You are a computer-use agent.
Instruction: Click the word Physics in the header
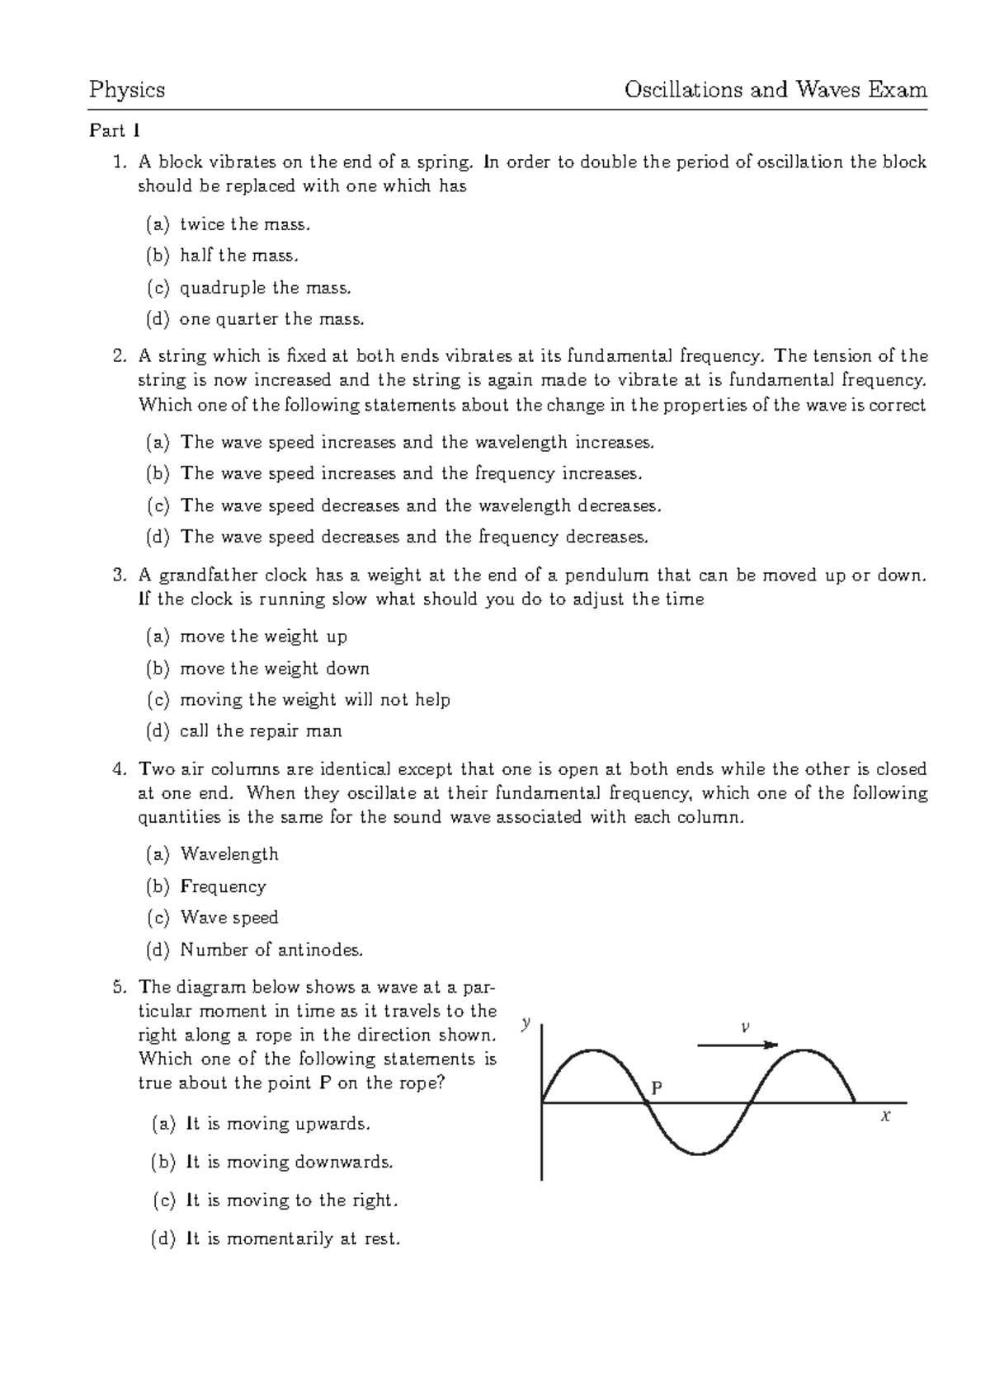[127, 90]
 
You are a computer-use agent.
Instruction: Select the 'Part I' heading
[115, 131]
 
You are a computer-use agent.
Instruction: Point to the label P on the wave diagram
[657, 1088]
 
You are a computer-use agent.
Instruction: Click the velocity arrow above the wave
[737, 1045]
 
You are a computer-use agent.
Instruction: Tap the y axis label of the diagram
[524, 1023]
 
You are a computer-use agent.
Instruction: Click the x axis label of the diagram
[886, 1117]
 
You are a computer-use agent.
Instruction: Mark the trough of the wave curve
[698, 1153]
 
